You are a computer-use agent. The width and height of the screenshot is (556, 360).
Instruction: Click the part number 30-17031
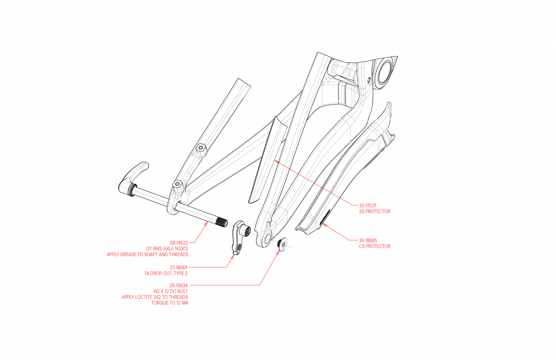coord(367,205)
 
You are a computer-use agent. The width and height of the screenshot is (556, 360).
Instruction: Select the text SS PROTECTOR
coord(375,211)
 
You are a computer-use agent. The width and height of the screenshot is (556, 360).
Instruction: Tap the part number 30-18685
coord(368,240)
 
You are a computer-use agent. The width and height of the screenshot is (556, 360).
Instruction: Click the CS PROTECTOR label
coord(375,246)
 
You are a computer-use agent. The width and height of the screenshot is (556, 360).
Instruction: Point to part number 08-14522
coord(179,243)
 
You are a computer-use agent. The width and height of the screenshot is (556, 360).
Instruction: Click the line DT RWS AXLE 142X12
coord(167,249)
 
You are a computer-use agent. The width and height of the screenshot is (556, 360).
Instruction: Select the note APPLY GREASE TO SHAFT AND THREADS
coord(147,255)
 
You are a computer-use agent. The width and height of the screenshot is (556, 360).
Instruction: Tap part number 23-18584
coord(178,267)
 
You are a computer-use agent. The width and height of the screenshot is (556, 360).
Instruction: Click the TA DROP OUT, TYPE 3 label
coord(166,273)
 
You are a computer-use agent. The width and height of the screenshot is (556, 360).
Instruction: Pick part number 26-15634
coord(178,285)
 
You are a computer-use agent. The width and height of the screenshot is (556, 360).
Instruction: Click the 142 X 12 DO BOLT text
coord(170,291)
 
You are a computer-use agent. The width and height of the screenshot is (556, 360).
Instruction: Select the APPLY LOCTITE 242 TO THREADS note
coord(155,297)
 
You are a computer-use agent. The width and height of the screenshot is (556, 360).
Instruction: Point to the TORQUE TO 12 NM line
coord(170,303)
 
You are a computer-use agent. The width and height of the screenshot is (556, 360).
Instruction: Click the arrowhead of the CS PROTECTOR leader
coord(324,224)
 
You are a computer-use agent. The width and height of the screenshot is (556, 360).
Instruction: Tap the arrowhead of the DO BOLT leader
coord(279,251)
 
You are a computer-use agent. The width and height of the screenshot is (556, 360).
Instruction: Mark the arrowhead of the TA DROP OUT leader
coord(234,255)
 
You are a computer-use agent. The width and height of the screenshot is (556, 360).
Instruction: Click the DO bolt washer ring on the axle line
coord(283,244)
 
